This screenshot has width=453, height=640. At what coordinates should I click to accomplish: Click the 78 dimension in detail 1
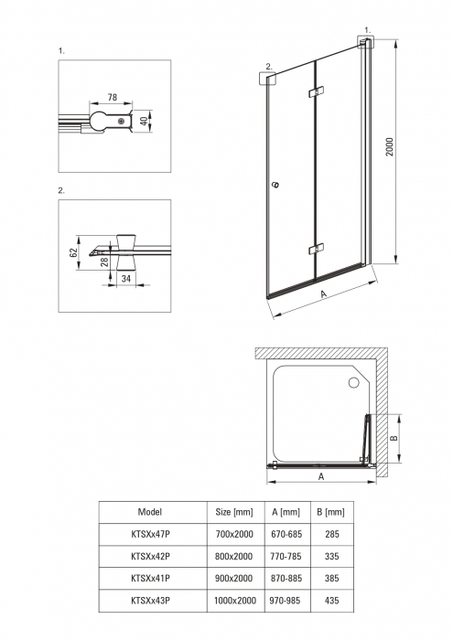point(113,97)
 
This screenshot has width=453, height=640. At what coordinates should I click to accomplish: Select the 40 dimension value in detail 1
point(144,122)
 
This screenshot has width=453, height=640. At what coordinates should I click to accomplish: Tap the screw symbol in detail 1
point(121,122)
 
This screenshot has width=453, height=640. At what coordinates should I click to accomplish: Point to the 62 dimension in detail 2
point(73,252)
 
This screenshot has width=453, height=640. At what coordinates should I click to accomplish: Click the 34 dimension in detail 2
point(126,278)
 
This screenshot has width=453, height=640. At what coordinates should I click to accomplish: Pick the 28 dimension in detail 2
point(104,261)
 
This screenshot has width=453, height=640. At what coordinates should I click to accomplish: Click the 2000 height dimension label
point(389,146)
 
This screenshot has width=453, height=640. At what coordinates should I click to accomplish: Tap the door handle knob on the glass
point(276,185)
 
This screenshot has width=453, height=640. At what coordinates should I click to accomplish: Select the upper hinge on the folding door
point(316,91)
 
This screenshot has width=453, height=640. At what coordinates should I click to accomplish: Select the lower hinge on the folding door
point(316,249)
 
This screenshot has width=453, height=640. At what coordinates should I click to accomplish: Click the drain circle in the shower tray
point(353,382)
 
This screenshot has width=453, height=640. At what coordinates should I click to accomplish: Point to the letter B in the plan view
point(394,438)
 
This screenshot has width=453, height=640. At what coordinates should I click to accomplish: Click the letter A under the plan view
point(321,476)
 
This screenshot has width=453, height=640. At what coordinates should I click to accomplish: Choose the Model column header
point(150,512)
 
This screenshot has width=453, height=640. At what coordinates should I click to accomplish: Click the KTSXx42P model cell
point(150,556)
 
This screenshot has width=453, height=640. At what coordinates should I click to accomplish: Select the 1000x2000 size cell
point(235,601)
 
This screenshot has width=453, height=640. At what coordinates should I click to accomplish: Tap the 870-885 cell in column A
point(286,579)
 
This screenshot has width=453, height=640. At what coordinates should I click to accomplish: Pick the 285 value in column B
point(332,534)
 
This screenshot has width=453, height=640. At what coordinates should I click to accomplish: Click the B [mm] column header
point(331,512)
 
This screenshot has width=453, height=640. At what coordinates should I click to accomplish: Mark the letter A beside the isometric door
point(324,293)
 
